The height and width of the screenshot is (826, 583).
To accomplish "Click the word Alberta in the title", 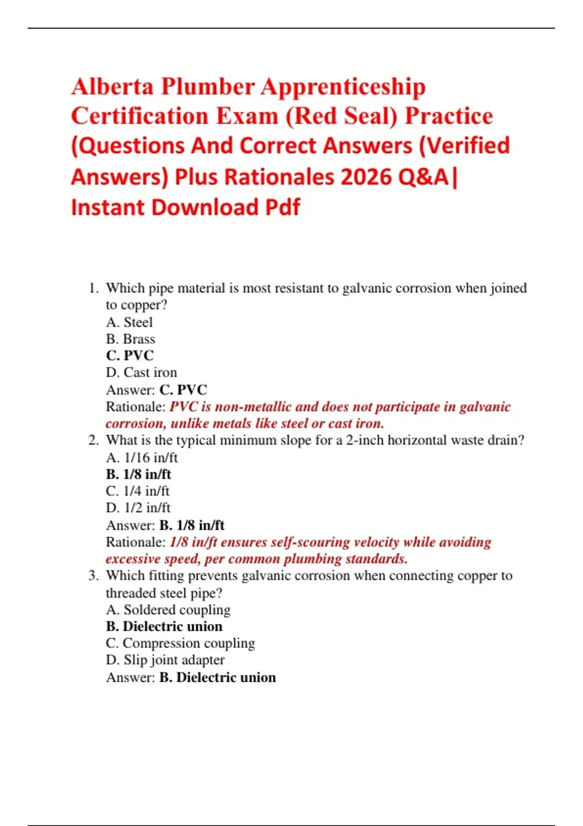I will pos(112,87).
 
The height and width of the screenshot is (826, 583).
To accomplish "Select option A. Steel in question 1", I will pos(129,322).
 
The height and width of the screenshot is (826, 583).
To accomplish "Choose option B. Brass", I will pos(130,339).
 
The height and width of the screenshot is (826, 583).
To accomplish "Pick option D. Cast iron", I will pos(141,372).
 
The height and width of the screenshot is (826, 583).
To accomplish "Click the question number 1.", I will pos(93,288).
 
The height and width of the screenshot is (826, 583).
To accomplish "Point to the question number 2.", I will pos(93,440).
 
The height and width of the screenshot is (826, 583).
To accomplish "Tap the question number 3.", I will pos(93,576).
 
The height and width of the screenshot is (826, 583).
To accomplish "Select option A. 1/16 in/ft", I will pos(142,457).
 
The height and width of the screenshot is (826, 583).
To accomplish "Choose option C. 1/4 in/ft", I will pos(137,491).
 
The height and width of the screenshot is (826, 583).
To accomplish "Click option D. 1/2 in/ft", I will pos(138,508).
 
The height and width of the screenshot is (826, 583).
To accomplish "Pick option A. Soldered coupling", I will pos(168,609).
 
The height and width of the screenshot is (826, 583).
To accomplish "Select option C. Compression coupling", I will pos(180,643).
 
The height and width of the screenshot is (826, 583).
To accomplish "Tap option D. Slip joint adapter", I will pos(165,660).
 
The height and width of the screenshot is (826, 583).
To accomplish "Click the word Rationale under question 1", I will pos(136,407).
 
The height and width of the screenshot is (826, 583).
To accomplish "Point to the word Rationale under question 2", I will pos(136,542).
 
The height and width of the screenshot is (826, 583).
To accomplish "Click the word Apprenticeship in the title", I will pos(343,87).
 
